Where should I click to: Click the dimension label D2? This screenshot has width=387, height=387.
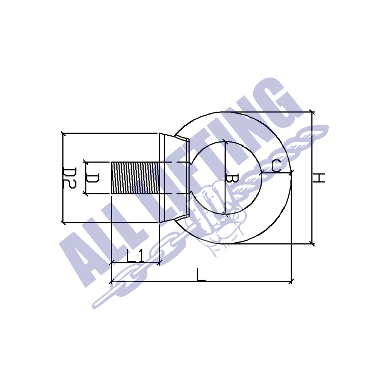click(x=70, y=178)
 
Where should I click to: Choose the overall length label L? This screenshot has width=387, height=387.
click(x=201, y=275)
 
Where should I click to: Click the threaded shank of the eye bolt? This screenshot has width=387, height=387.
click(x=134, y=178)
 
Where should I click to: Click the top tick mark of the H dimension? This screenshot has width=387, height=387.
click(x=312, y=112)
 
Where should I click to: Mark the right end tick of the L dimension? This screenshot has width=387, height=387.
click(x=291, y=281)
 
